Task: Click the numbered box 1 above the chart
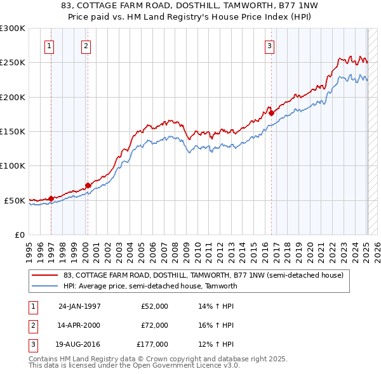coord(50,46)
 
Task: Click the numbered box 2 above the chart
coord(86,46)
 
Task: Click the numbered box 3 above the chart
coord(269,46)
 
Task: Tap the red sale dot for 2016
coord(271,113)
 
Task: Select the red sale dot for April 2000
coord(88,185)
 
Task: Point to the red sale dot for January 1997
coord(51,198)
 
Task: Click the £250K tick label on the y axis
coord(13,63)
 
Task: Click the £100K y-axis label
coord(13,165)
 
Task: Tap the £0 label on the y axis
coord(19,235)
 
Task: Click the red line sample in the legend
coord(46,276)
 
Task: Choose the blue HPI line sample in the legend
coord(46,286)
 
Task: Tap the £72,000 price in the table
coord(154,325)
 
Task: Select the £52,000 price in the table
coord(154,306)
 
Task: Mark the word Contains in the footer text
coord(44,359)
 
